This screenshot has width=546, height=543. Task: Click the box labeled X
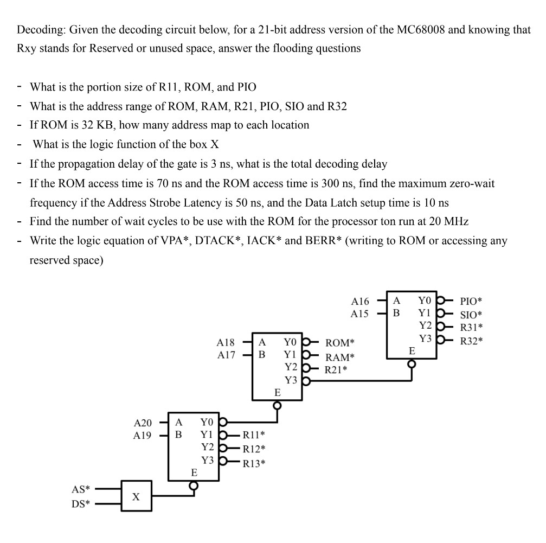click(x=136, y=496)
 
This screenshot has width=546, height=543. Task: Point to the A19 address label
click(x=143, y=436)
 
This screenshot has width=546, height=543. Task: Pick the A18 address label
click(x=226, y=343)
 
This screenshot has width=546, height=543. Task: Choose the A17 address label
click(x=226, y=355)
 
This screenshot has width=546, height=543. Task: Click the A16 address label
click(x=360, y=301)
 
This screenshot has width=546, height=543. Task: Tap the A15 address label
click(x=360, y=314)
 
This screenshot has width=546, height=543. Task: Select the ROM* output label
click(x=339, y=343)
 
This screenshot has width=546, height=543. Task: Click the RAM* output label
click(x=339, y=357)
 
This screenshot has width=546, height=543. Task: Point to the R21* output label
click(x=336, y=370)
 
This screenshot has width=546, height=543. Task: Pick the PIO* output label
click(x=471, y=302)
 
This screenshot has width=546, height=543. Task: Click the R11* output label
click(x=254, y=435)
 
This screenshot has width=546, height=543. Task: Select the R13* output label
click(x=254, y=463)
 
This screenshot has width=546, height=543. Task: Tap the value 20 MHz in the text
click(x=449, y=221)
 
